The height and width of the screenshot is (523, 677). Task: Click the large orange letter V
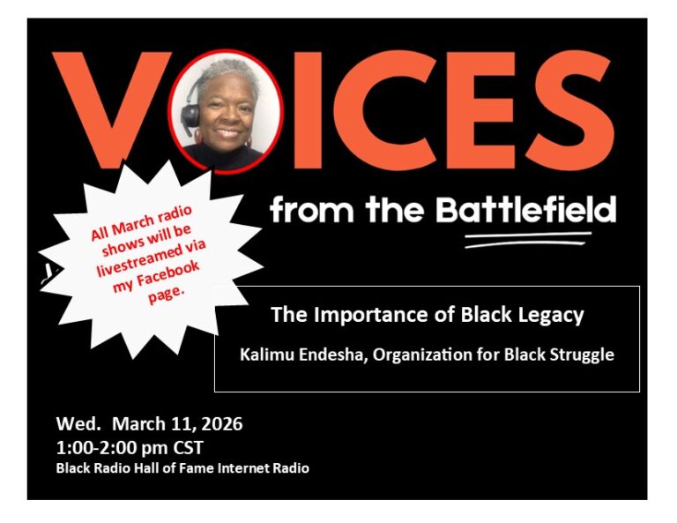[110, 108]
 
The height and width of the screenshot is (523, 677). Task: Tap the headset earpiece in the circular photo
[190, 114]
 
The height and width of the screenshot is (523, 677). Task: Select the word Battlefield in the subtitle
[525, 209]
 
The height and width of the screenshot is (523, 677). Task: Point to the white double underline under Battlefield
[528, 240]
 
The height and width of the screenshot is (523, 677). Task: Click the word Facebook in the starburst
[167, 273]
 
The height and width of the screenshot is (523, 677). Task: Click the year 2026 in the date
[221, 424]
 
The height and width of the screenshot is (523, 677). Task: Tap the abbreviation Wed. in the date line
[78, 424]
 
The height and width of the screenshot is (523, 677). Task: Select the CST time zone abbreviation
[189, 448]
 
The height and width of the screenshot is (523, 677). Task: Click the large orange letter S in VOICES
[569, 110]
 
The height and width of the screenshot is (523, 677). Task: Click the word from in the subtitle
[312, 209]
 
